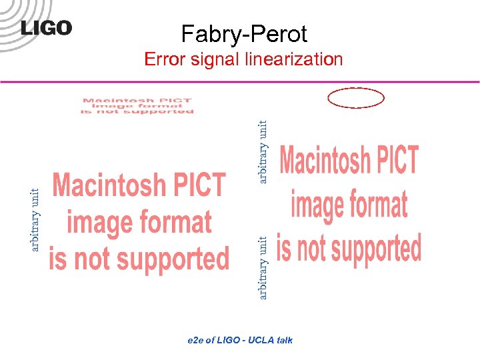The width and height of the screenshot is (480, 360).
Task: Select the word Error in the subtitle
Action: (165, 59)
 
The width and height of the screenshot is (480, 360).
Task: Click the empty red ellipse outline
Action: (357, 98)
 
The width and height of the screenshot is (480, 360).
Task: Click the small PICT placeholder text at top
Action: (137, 106)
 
